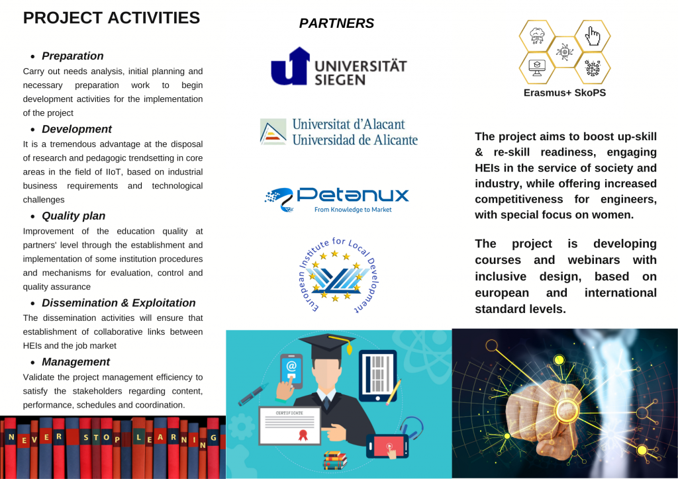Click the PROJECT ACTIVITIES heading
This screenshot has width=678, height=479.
point(111,18)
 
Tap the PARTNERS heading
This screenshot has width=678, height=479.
point(336,23)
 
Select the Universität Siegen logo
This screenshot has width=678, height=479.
point(338,66)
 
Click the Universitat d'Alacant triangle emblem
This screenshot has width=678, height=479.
point(273,131)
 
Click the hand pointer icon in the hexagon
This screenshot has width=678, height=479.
point(593,36)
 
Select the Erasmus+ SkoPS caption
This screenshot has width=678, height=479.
point(564,93)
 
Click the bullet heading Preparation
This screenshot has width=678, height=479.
point(73,56)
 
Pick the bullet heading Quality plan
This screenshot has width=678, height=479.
point(73,216)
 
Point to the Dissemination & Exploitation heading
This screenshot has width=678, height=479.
point(119,303)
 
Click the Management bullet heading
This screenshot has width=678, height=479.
point(75,362)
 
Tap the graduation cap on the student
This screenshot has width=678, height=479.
point(326,345)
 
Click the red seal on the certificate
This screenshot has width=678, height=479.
point(303,435)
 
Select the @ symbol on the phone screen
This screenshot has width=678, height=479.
point(291,367)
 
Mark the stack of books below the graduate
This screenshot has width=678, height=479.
point(335,460)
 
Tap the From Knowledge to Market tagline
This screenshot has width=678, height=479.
point(353,210)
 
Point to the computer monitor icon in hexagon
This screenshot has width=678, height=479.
point(537,67)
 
